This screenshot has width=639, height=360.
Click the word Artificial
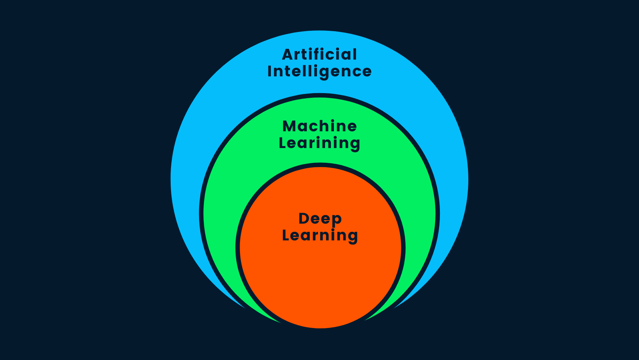(x=319, y=55)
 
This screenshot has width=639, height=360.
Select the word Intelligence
(x=319, y=72)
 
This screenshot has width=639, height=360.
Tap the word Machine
(x=319, y=126)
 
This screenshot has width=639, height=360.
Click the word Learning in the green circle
(x=319, y=143)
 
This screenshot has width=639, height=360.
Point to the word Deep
(x=320, y=219)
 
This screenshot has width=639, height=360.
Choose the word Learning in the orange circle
(x=320, y=235)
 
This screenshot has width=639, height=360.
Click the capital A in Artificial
(x=288, y=55)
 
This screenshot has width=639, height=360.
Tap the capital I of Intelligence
(x=270, y=72)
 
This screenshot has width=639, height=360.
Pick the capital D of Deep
(x=304, y=219)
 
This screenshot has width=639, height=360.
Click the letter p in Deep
(x=337, y=220)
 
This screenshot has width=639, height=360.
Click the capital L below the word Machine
(x=282, y=143)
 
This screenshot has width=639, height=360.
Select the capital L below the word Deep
(x=286, y=235)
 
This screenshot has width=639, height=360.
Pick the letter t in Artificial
(x=304, y=55)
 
